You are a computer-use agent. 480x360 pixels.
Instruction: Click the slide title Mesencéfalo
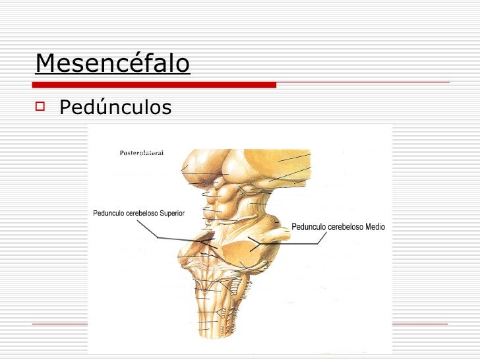[x=113, y=63]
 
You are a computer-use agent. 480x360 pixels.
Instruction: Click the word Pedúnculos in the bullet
[x=115, y=107]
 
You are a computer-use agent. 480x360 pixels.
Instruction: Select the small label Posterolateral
[x=142, y=153]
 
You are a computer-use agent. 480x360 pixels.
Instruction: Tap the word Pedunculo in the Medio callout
[x=309, y=227]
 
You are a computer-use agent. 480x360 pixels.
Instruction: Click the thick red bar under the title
[x=155, y=84]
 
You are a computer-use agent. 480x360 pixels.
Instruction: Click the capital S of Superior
[x=159, y=214]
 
